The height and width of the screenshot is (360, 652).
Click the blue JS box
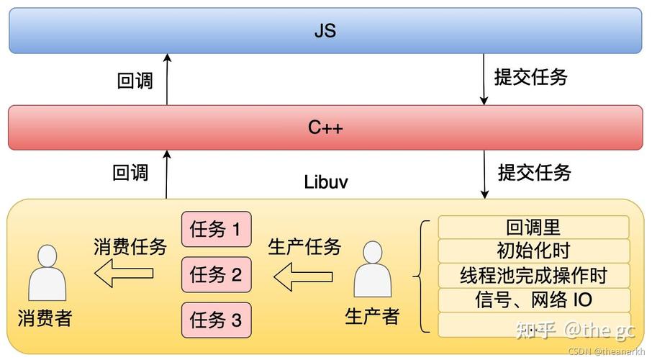click(x=325, y=31)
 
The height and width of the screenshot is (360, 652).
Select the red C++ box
click(x=325, y=127)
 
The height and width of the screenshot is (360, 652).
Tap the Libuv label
click(x=326, y=181)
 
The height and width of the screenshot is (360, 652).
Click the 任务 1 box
click(x=216, y=230)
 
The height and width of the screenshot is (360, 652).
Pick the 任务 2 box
click(x=216, y=274)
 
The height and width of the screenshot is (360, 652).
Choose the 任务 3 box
click(x=216, y=319)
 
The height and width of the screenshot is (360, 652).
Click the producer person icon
click(x=373, y=270)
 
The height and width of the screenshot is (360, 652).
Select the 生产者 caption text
click(x=372, y=316)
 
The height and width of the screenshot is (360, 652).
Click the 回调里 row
click(x=533, y=228)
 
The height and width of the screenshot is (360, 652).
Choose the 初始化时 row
click(x=533, y=251)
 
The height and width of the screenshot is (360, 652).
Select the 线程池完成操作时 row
click(x=533, y=275)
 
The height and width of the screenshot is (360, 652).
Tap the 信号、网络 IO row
click(x=533, y=300)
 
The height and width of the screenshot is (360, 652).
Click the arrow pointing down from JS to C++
click(x=484, y=79)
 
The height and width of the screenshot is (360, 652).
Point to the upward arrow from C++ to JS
click(x=167, y=79)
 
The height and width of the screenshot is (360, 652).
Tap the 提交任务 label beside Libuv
click(x=534, y=172)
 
